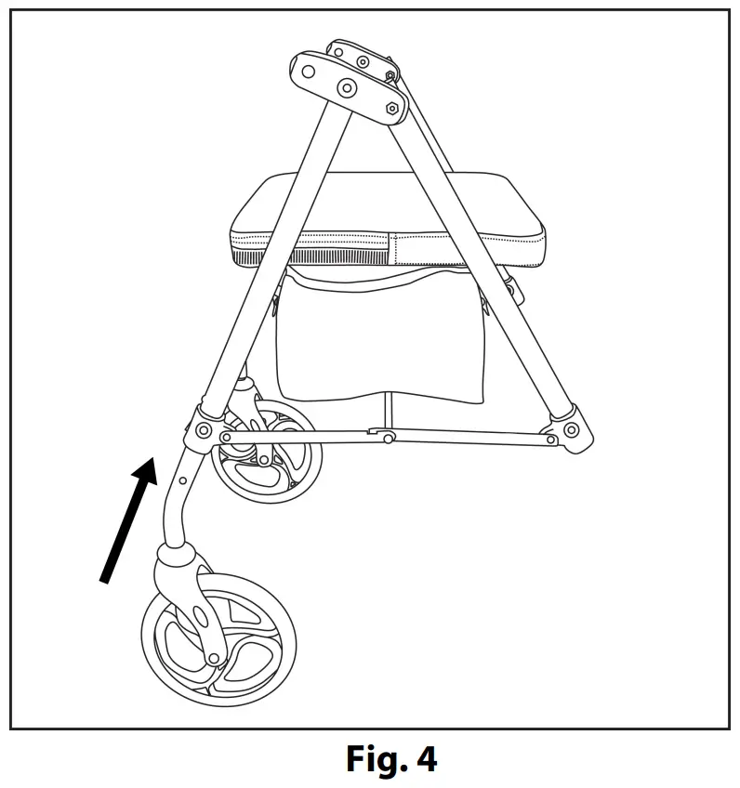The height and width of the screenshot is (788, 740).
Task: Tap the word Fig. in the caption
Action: (377, 759)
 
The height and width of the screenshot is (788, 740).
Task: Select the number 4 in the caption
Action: (426, 759)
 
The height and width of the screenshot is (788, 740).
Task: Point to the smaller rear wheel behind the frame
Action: (270, 455)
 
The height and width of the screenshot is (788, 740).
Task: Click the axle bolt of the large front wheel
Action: (215, 658)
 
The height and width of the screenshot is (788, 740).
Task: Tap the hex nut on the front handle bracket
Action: (390, 108)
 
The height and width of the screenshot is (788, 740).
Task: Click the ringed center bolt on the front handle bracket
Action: (347, 89)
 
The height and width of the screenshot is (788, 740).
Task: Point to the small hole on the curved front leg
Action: (183, 480)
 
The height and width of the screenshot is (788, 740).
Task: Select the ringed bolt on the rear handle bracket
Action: (362, 62)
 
